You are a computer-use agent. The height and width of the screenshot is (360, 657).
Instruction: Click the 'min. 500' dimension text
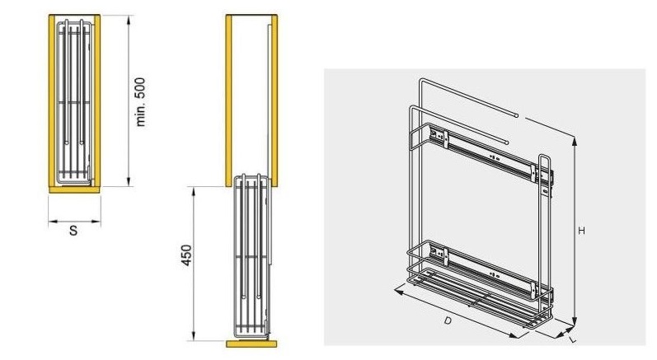click(141, 101)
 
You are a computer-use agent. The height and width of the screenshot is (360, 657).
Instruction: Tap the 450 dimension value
click(186, 255)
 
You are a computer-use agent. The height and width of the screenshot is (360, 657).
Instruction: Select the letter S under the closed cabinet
click(73, 230)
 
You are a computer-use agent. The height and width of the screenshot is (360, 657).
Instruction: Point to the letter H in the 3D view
click(582, 231)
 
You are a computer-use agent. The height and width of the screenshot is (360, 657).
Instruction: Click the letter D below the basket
click(448, 320)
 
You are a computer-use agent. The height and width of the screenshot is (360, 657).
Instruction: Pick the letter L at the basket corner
click(573, 340)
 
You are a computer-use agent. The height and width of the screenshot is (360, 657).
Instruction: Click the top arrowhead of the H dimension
click(575, 142)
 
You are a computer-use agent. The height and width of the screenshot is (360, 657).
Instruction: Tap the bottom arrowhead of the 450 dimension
click(193, 336)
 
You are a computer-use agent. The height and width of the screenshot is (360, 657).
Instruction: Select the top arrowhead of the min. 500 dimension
click(129, 20)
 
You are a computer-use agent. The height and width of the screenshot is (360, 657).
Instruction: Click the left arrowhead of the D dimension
click(399, 290)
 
